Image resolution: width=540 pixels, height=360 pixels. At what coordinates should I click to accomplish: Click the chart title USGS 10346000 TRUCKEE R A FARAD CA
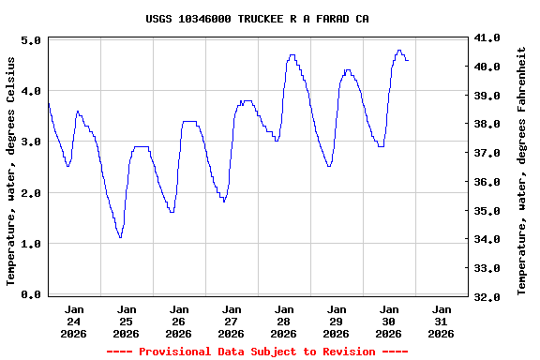(x=258, y=19)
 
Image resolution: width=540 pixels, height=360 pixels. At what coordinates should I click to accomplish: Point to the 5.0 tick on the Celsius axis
(x=30, y=41)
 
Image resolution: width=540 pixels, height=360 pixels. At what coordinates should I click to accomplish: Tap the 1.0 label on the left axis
(x=30, y=244)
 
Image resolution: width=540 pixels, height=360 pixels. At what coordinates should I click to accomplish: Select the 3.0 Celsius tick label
(x=30, y=142)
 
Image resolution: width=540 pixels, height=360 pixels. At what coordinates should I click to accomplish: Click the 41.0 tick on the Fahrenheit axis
(x=487, y=37)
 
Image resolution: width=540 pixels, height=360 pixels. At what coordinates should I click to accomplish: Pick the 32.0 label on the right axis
(x=487, y=296)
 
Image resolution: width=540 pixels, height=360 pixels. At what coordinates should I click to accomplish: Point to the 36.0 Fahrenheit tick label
(x=487, y=181)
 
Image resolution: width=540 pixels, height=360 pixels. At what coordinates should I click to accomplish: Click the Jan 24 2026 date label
(x=74, y=321)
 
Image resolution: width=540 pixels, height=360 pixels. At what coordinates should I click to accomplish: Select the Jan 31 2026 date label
(x=442, y=321)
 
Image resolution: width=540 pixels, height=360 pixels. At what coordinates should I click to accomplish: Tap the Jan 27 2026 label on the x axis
(x=232, y=321)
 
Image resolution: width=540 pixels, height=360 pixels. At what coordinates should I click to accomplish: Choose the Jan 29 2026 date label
(x=337, y=321)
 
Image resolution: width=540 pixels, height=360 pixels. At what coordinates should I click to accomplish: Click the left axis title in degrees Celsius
(x=11, y=169)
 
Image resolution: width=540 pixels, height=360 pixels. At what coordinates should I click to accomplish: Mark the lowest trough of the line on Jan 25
(x=120, y=237)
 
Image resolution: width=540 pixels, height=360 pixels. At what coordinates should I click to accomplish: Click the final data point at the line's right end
(x=408, y=60)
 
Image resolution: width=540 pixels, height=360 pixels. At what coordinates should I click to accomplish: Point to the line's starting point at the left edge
(x=48, y=101)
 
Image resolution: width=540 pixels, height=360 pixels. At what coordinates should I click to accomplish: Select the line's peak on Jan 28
(x=292, y=55)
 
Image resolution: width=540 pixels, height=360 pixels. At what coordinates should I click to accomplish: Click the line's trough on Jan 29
(x=328, y=166)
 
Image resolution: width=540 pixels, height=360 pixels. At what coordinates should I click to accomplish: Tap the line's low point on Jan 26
(x=172, y=212)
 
